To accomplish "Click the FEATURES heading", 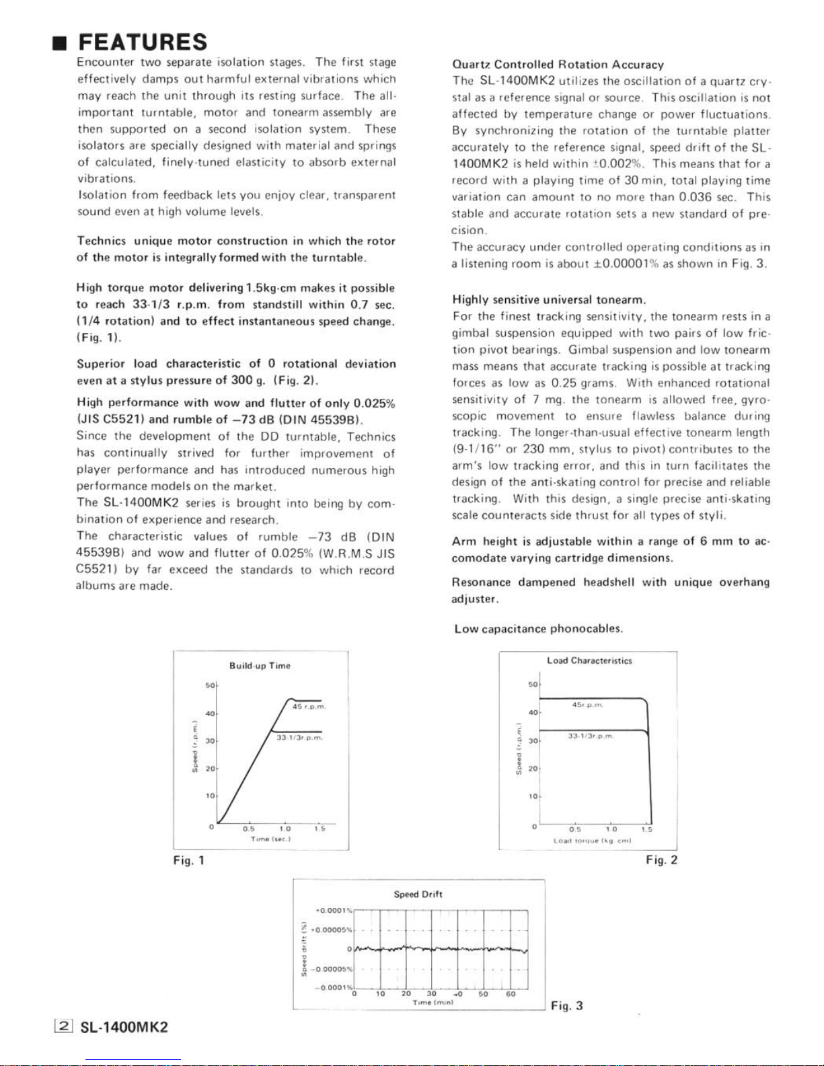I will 143,42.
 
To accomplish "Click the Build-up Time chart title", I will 260,666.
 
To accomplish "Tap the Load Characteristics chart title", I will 589,660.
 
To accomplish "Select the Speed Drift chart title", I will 418,894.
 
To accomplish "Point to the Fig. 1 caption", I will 188,860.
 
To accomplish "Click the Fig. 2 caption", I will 661,860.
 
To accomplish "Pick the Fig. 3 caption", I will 566,1005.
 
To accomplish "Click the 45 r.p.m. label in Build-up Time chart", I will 309,706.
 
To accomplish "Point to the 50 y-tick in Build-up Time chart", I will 209,685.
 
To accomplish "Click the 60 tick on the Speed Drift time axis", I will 511,994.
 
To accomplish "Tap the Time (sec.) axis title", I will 270,839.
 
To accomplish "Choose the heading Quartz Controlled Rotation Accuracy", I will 558,65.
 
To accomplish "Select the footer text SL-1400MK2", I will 124,1028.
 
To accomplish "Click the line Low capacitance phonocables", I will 538,629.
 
